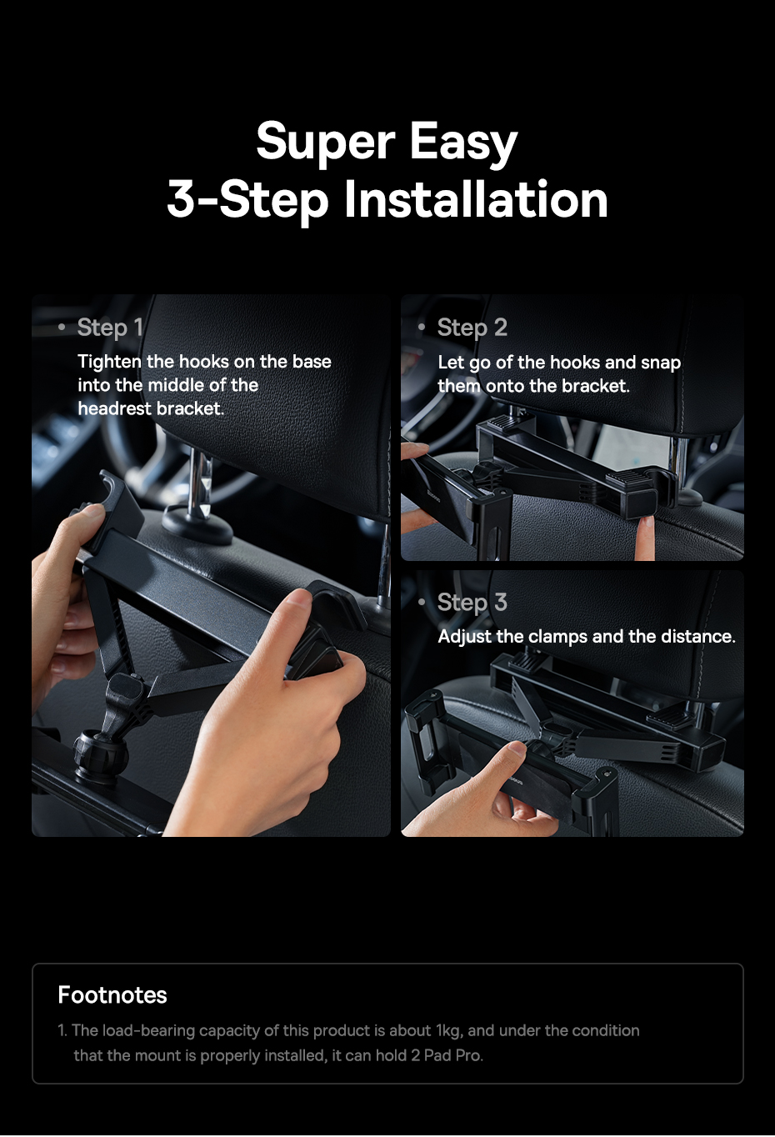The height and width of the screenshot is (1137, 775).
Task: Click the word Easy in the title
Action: pyautogui.click(x=462, y=142)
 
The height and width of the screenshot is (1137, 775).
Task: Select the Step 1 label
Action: pyautogui.click(x=110, y=328)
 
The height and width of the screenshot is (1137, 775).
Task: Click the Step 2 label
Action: pyautogui.click(x=472, y=328)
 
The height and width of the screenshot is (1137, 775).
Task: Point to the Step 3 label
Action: pyautogui.click(x=472, y=603)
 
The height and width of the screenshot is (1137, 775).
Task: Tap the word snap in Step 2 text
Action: pyautogui.click(x=661, y=363)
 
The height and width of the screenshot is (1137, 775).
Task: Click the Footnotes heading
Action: pyautogui.click(x=112, y=994)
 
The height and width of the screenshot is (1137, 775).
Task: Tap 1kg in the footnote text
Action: pyautogui.click(x=448, y=1030)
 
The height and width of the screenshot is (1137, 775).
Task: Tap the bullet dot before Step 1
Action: pyautogui.click(x=62, y=328)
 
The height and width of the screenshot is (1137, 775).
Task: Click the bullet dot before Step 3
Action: pyautogui.click(x=422, y=601)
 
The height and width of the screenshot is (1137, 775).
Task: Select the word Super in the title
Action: pyautogui.click(x=324, y=142)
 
